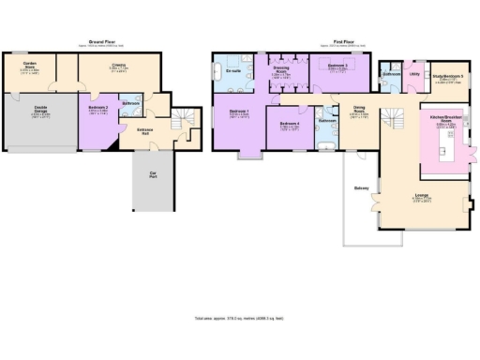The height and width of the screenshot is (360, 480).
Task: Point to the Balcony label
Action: click(361, 188)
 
